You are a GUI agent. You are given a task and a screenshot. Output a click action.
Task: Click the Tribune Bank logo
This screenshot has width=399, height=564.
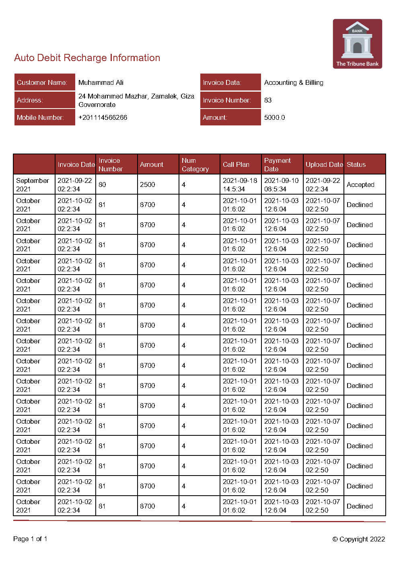pos(357,44)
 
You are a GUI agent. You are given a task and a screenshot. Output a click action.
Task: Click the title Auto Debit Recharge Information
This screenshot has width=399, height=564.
pos(87,58)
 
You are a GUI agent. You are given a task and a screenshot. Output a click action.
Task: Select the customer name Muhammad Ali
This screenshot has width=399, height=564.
pos(101,82)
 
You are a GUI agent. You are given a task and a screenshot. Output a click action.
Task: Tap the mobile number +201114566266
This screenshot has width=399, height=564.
pos(103,117)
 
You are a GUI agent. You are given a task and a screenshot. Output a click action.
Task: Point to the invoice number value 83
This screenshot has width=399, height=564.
pos(268,100)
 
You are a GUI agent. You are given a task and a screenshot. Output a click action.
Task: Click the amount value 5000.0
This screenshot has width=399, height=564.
pos(274,117)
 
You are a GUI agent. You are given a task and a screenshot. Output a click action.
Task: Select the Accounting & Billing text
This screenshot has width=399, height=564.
pos(294,82)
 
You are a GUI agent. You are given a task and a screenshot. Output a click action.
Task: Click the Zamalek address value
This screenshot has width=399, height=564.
pos(136,100)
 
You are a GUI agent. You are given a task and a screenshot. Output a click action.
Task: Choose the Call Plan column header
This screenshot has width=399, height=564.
pos(236,164)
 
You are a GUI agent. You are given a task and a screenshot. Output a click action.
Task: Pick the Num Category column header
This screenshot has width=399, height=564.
pos(195,164)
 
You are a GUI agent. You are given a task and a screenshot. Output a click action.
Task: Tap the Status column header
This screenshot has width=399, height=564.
pos(356,164)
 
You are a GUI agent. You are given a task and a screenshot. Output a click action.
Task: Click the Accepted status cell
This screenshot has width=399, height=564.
pos(360,185)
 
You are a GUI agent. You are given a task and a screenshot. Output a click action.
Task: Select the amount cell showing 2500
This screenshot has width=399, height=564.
pos(147,185)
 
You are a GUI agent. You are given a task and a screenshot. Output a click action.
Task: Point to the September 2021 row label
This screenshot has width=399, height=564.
pos(32,185)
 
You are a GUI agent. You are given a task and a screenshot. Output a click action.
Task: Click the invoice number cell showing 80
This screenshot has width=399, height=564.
pos(102,185)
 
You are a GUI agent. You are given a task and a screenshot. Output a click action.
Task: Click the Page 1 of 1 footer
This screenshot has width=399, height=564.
pos(30,539)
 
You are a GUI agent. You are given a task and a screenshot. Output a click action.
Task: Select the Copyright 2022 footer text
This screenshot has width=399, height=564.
pos(358,539)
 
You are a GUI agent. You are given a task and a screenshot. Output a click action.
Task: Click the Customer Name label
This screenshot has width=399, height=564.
pos(42,82)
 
